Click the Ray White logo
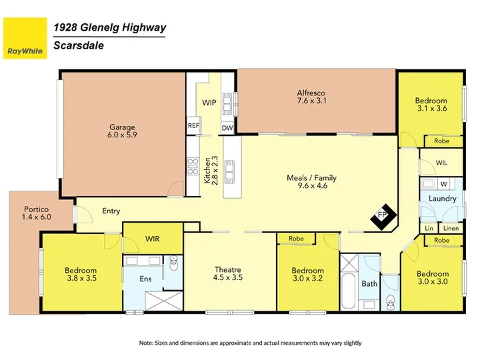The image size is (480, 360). click(x=25, y=38)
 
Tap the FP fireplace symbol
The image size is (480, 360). click(x=383, y=217)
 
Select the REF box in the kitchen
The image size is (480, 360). click(x=193, y=125)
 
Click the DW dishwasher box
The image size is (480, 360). click(x=227, y=128)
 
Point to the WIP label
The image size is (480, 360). click(x=209, y=103)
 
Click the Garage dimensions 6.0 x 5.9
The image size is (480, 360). click(x=122, y=135)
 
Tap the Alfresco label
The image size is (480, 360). click(x=311, y=93)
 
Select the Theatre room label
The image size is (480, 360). click(x=228, y=270)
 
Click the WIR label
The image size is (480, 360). click(x=153, y=239)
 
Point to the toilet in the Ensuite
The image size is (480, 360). click(x=173, y=263)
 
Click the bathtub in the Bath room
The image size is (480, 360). click(x=349, y=291)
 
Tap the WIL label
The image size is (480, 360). click(x=441, y=163)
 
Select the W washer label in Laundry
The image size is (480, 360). click(x=444, y=184)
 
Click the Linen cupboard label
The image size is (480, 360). click(x=451, y=228)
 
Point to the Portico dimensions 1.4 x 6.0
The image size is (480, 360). click(x=37, y=217)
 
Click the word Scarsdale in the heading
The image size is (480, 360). click(x=79, y=45)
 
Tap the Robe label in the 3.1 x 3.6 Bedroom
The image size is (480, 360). click(x=442, y=141)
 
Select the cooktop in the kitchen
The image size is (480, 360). click(x=193, y=166)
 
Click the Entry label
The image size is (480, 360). click(x=111, y=211)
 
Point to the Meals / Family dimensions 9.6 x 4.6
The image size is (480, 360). click(x=313, y=185)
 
